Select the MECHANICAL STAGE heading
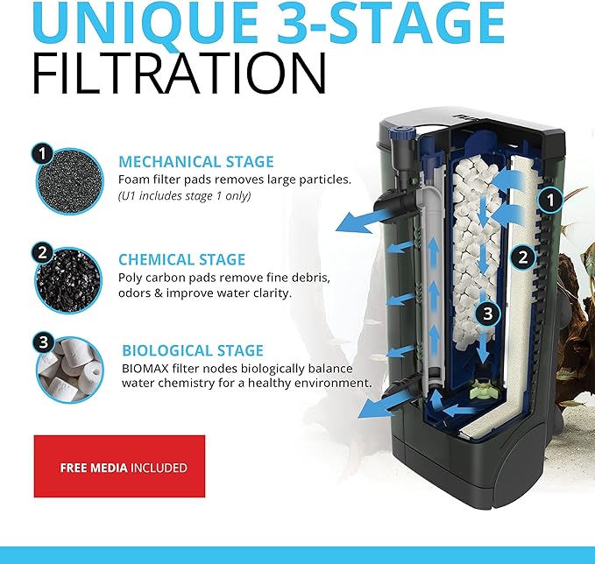tap(196, 162)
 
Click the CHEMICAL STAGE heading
tap(182, 260)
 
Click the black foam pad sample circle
tap(67, 185)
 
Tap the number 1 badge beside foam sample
tap(42, 155)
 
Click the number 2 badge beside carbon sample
tap(42, 252)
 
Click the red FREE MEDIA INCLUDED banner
tap(119, 467)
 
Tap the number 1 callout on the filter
tap(549, 201)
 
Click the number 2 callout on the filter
tap(522, 257)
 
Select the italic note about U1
tap(185, 195)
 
